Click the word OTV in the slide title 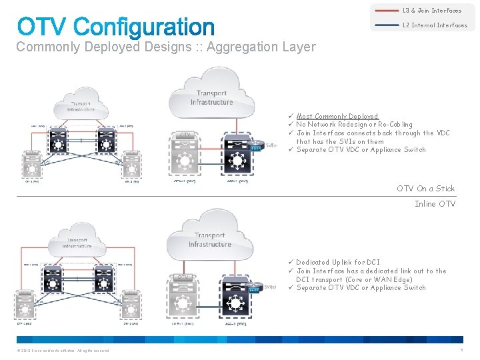click(42, 27)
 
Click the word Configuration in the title click(144, 27)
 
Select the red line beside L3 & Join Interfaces click(387, 11)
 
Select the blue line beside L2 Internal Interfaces click(387, 25)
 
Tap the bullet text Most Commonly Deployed click(337, 116)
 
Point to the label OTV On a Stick click(426, 189)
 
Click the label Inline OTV click(435, 204)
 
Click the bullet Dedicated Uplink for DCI click(338, 263)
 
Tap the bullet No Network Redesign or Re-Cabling click(354, 125)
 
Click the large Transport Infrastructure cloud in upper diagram click(211, 97)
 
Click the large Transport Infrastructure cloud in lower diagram click(210, 240)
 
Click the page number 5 click(461, 351)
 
